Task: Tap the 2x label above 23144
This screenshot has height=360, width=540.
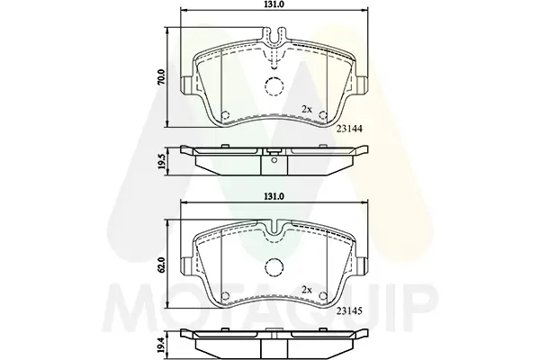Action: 306,110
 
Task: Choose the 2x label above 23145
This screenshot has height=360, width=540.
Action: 306,291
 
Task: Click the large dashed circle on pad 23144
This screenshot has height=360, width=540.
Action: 274,87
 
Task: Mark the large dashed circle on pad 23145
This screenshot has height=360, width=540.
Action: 274,268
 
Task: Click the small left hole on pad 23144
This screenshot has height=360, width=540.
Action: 225,114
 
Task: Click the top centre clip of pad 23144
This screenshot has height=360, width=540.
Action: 274,40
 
